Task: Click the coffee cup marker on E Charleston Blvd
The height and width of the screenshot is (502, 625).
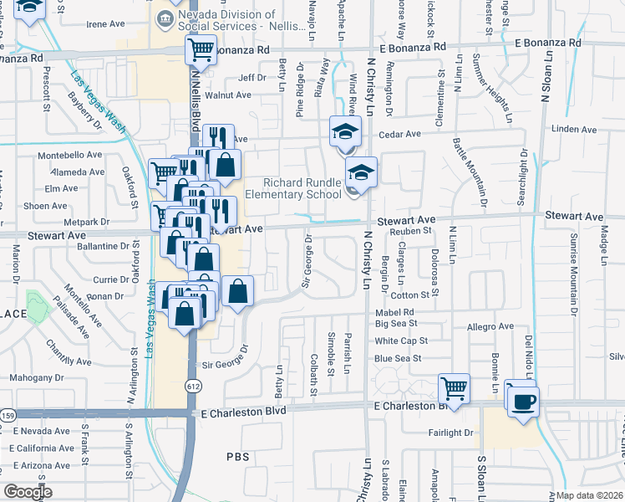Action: pos(523,401)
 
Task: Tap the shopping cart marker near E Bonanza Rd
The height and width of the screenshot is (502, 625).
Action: pos(201,50)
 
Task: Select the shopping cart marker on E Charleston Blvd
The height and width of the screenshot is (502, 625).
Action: pos(454,387)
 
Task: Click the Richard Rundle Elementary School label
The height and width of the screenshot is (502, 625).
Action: pos(292,188)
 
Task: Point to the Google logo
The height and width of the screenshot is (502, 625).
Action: pos(28,491)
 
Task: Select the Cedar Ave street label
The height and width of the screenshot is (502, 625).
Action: pos(400,134)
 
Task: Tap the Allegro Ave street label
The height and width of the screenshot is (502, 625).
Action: pos(490,326)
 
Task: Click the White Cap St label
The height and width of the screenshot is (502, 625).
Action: pos(401,341)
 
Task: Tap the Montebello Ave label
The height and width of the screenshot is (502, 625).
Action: pos(69,156)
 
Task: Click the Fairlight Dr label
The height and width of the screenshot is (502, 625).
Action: pos(450,433)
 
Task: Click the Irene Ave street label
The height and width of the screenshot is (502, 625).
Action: pos(105,24)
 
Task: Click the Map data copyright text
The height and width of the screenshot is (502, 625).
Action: pos(587,495)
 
